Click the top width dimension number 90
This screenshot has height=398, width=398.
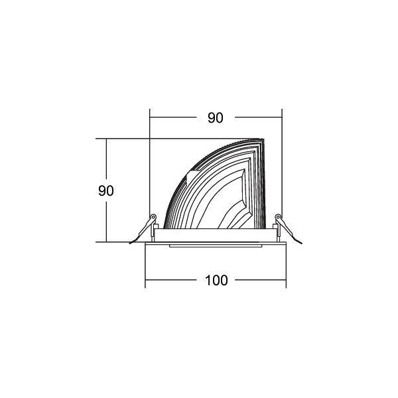point(215,118)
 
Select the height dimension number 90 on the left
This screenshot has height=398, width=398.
point(106,190)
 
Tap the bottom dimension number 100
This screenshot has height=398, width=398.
point(216,280)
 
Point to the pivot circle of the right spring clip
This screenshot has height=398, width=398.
point(278,217)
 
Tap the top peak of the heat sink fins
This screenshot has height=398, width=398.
point(260,140)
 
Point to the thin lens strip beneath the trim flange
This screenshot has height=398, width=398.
point(216,246)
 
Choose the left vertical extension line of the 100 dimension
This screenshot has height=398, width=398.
point(145,265)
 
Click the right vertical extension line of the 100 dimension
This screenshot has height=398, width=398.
point(286,265)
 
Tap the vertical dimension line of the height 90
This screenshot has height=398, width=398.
point(106,219)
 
